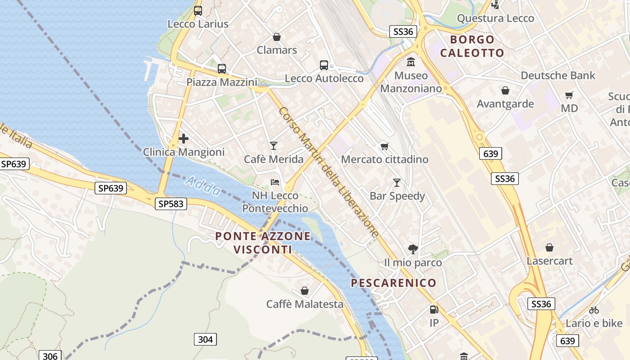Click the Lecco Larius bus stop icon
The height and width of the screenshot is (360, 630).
click(x=198, y=11)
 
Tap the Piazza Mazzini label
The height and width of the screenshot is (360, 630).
click(x=222, y=82)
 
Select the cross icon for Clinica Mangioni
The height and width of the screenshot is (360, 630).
click(x=184, y=139)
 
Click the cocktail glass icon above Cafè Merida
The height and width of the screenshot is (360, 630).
click(x=273, y=145)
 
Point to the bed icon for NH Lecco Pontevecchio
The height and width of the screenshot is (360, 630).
click(x=275, y=182)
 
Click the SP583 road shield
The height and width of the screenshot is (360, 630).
click(x=171, y=204)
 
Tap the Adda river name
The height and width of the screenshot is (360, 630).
click(x=203, y=186)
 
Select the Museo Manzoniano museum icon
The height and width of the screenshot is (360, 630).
click(x=410, y=62)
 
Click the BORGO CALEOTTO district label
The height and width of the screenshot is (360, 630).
click(x=472, y=46)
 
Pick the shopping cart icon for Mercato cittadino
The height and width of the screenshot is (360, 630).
click(x=384, y=146)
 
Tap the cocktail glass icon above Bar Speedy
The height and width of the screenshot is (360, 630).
click(x=396, y=182)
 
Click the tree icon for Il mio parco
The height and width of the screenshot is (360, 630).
click(x=413, y=249)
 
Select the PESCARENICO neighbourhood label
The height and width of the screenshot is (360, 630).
click(x=393, y=283)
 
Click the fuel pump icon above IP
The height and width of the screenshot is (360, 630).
click(x=434, y=309)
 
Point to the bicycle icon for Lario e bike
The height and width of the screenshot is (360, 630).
click(x=594, y=310)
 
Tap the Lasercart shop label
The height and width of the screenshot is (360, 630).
click(x=549, y=261)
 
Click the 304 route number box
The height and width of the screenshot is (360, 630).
click(x=205, y=339)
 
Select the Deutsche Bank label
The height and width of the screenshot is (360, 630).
click(x=558, y=76)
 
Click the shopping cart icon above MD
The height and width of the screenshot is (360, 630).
click(x=569, y=95)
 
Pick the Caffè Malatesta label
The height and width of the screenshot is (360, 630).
click(x=305, y=304)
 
